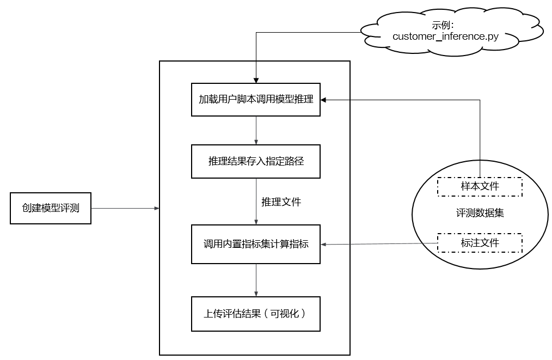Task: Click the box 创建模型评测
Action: [x=51, y=208]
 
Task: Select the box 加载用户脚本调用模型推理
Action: [x=256, y=100]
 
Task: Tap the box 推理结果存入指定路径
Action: [x=256, y=161]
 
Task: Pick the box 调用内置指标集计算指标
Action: [x=256, y=244]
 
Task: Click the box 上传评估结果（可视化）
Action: [x=256, y=314]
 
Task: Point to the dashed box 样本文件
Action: [x=480, y=186]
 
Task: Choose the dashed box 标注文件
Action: [x=480, y=243]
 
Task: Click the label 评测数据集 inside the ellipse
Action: [x=480, y=213]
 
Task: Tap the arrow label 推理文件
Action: [x=281, y=202]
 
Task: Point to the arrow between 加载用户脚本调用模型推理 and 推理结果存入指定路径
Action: [x=256, y=130]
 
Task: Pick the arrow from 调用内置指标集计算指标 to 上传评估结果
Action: [x=256, y=280]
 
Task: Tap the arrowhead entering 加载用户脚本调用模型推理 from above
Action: [x=256, y=81]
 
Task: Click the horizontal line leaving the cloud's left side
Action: [x=310, y=33]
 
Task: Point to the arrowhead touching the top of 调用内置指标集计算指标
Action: [x=256, y=222]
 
